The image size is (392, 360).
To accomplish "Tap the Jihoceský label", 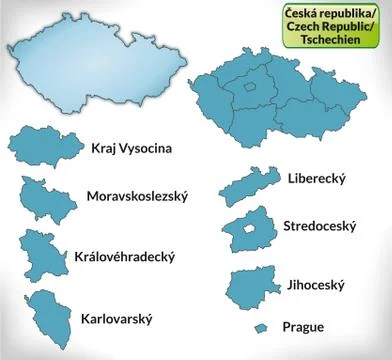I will pyautogui.click(x=315, y=284).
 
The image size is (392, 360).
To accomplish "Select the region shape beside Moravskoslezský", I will pyautogui.click(x=46, y=197).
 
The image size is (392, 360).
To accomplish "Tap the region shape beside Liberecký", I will pyautogui.click(x=244, y=186).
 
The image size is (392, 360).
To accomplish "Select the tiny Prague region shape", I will pyautogui.click(x=260, y=328).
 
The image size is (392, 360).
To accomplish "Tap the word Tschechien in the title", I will pyautogui.click(x=338, y=39).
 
